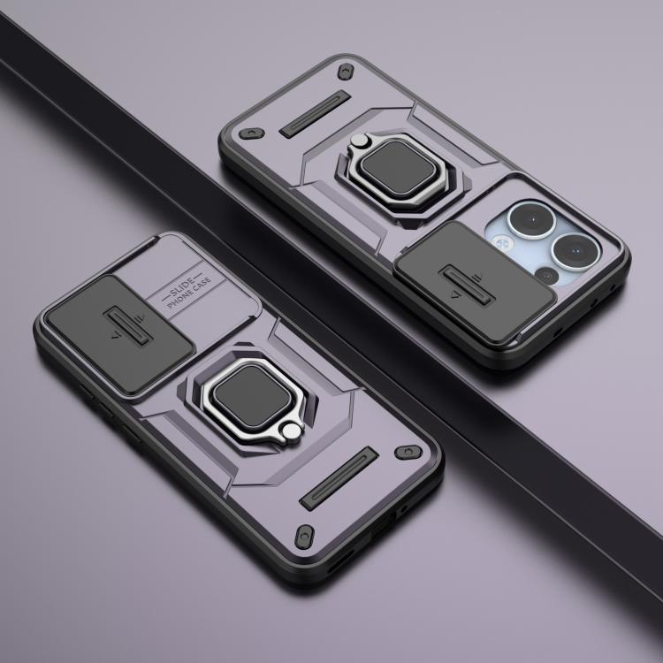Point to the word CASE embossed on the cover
pos(201,286)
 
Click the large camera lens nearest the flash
pos(531,220)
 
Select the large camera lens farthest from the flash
pos(575,252)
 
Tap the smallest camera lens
pos(546,276)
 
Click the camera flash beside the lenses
pos(502,243)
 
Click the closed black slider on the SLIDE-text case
pos(119,333)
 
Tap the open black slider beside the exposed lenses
pos(475,282)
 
